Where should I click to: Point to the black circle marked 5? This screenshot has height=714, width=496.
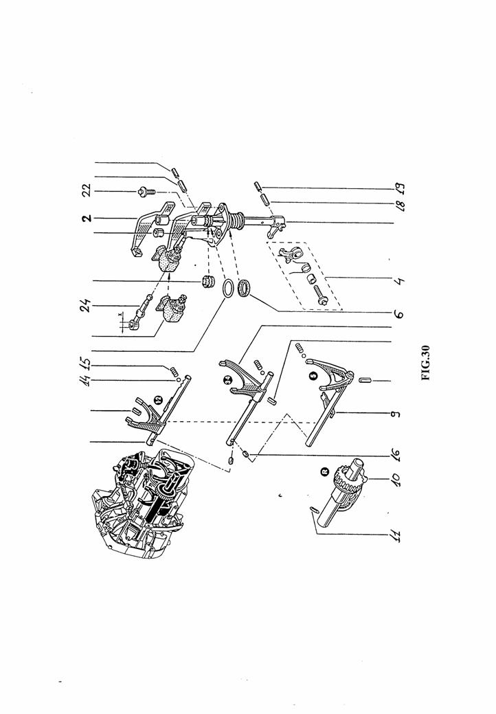click(x=313, y=375)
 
